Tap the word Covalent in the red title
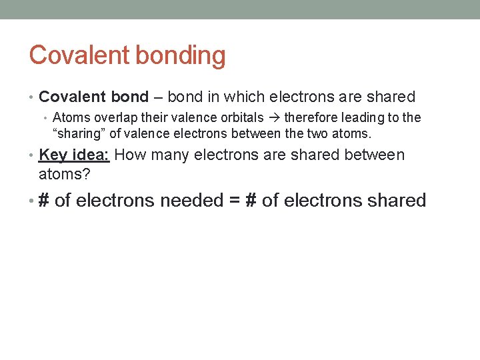71,55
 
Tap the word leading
366,118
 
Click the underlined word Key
53,155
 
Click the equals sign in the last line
234,200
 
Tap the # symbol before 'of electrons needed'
45,200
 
